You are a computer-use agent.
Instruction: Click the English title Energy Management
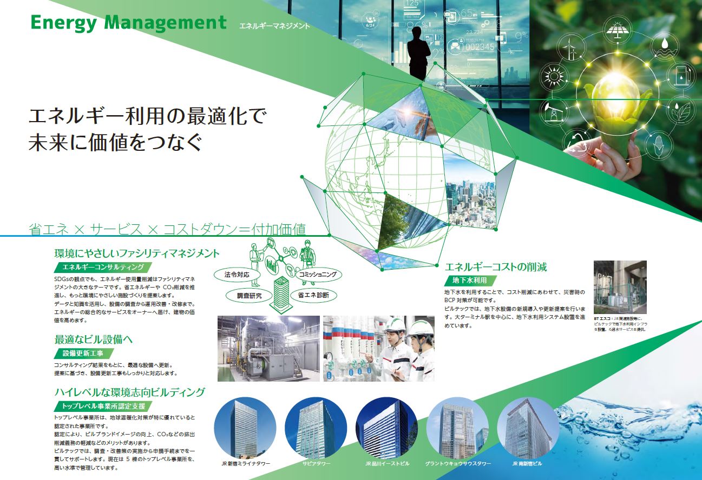point(128,23)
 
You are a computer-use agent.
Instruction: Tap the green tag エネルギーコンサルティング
point(103,267)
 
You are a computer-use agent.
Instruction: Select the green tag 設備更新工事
point(84,353)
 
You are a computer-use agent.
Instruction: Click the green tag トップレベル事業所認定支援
point(103,406)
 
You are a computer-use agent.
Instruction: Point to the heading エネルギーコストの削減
point(495,267)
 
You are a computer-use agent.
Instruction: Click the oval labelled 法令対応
point(237,275)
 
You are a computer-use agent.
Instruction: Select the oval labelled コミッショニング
point(319,275)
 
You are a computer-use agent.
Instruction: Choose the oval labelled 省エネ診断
point(313,295)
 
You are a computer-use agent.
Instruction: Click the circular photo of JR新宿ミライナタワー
point(245,428)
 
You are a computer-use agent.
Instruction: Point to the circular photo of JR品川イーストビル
point(386,428)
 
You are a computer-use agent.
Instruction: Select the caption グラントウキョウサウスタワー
point(458,464)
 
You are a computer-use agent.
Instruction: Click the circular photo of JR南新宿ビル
point(528,428)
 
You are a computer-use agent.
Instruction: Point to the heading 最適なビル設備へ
point(94,339)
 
